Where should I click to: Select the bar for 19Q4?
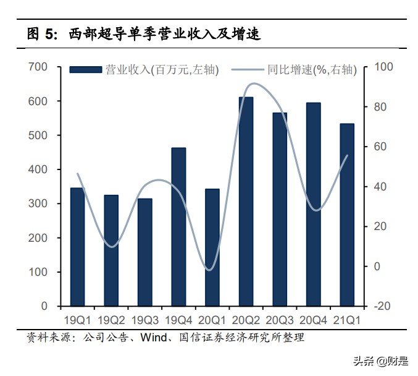pos(178,226)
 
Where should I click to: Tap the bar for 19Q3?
pos(144,252)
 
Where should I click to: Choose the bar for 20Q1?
pos(212,247)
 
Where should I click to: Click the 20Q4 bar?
pos(314,204)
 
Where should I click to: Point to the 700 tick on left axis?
pos(38,67)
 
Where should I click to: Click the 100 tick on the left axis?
pos(38,272)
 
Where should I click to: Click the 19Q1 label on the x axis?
pos(77,320)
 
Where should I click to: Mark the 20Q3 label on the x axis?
pos(280,320)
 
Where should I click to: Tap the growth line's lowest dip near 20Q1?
pos(210,270)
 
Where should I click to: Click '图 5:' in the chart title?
pos(42,35)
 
